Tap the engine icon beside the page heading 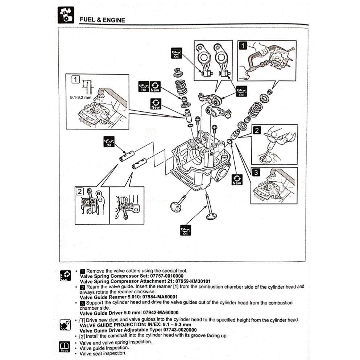click(x=66, y=15)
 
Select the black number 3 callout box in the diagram click(x=256, y=173)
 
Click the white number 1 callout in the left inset click(x=75, y=79)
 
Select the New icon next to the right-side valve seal click(x=237, y=179)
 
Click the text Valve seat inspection click(x=103, y=353)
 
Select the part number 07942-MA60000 click(x=155, y=313)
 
